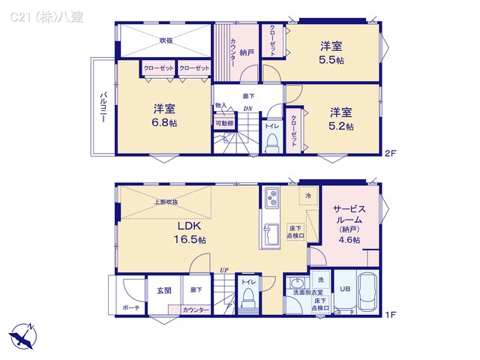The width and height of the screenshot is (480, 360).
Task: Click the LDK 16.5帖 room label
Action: coord(190,232)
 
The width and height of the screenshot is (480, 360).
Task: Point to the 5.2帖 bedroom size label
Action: coord(340,126)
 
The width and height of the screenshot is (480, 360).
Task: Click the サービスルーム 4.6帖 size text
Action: coord(349,240)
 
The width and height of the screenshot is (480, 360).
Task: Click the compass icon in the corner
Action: coord(22,334)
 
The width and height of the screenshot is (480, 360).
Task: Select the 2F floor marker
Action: coord(390,154)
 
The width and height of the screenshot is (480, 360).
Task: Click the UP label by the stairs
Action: coord(223,270)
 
